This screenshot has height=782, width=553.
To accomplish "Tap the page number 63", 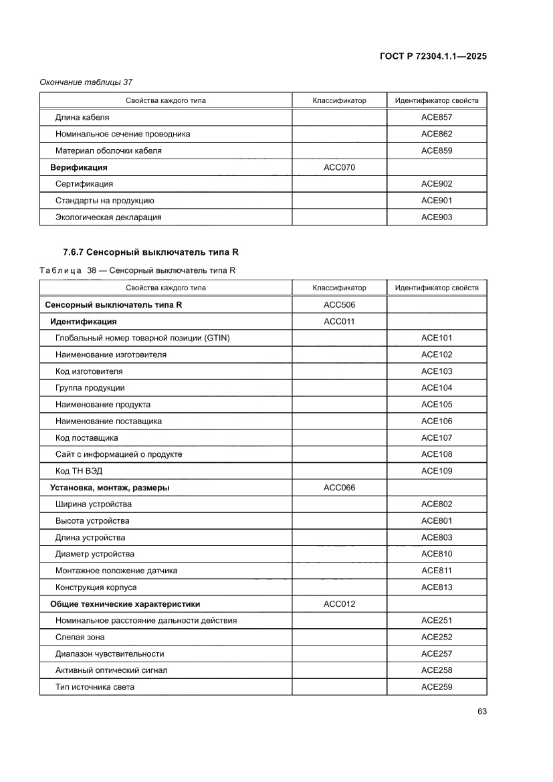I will click(x=481, y=711).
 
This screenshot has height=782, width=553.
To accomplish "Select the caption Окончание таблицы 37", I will click(x=86, y=82).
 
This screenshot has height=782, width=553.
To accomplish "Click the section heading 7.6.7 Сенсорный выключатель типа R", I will click(x=150, y=252).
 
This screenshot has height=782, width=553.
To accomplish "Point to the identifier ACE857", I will click(x=437, y=117).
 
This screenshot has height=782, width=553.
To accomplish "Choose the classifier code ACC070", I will click(x=339, y=167).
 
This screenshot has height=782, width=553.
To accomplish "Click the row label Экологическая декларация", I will click(x=108, y=217).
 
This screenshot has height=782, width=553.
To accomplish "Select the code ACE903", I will click(x=437, y=217).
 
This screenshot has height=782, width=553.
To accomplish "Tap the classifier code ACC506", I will click(x=339, y=304).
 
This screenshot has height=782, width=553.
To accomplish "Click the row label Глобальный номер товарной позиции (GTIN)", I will click(x=142, y=338).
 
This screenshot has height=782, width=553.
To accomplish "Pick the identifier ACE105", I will click(x=437, y=405).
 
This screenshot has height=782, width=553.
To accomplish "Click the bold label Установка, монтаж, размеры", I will click(x=110, y=488).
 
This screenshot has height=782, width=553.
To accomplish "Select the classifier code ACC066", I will click(x=339, y=488).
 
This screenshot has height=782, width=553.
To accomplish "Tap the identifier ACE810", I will click(x=437, y=554).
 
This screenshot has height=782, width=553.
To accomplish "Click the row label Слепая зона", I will click(x=80, y=637).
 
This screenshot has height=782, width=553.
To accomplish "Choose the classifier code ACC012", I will click(x=339, y=604).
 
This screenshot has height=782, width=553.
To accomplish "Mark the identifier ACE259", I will click(x=437, y=687).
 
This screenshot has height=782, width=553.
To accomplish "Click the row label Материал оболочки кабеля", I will click(x=108, y=151).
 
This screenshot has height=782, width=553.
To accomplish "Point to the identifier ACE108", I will click(x=437, y=454).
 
